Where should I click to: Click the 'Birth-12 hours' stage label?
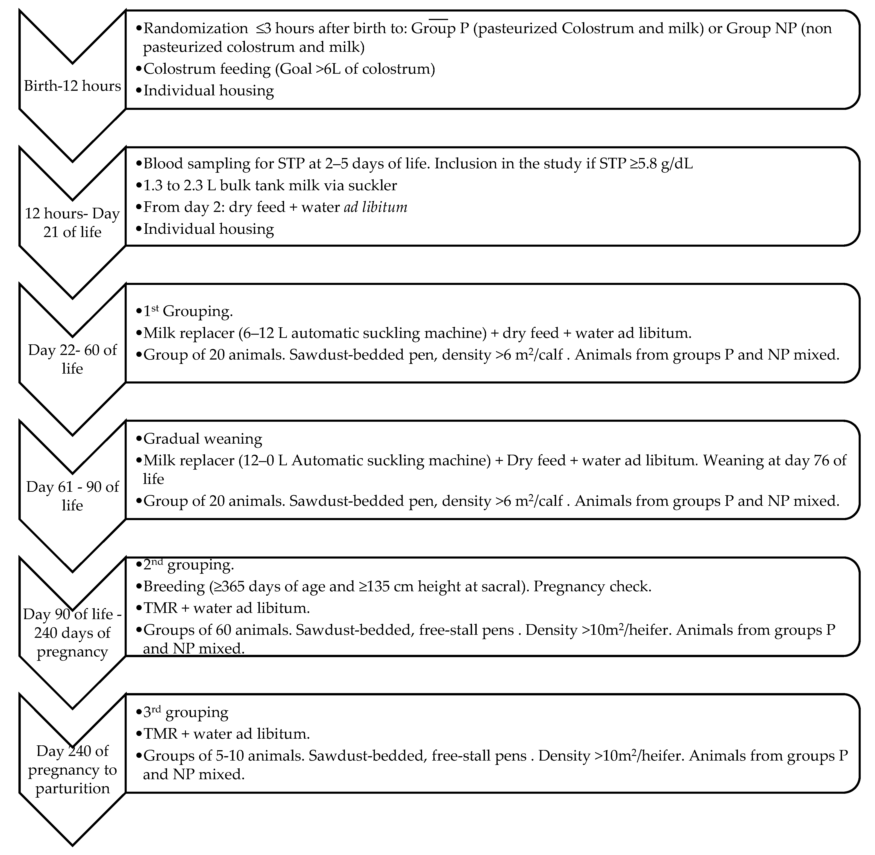pos(72,86)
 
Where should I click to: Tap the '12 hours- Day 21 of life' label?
pos(72,223)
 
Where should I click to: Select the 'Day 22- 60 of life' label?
pos(72,359)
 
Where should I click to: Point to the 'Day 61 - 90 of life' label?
pos(72,496)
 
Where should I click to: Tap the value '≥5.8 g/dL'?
pos(663,164)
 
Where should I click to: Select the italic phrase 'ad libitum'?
pos(376,208)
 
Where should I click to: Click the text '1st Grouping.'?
pos(188,311)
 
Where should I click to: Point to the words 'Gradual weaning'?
pos(203,439)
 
